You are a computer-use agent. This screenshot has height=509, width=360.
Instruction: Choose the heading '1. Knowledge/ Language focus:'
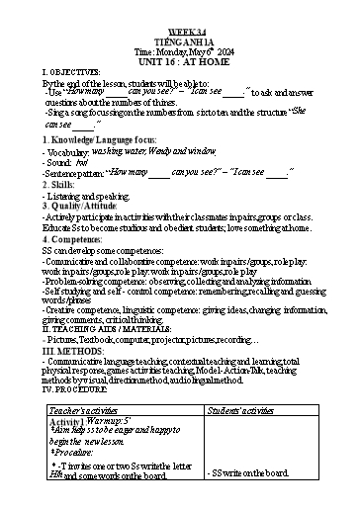100,141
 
